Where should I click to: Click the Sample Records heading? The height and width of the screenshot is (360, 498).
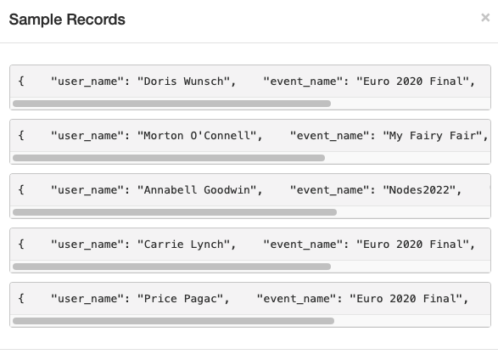tap(67, 20)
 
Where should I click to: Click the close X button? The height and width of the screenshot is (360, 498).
tap(485, 18)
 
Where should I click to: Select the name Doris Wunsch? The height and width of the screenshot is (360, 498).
tap(184, 82)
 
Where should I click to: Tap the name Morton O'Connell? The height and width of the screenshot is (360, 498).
tap(197, 136)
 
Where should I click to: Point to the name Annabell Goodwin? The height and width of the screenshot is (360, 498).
tap(197, 190)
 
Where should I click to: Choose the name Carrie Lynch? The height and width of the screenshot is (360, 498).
tap(184, 245)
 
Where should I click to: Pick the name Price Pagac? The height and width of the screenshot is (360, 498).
tap(181, 299)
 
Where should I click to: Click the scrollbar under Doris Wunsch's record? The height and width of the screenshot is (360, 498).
tap(172, 104)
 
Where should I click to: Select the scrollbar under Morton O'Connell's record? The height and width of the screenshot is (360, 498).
tap(169, 158)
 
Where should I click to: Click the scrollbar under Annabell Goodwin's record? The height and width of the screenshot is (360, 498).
tap(175, 212)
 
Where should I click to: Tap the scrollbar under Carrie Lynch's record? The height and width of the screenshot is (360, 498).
tap(172, 267)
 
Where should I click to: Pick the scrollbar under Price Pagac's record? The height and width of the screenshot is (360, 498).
tap(173, 321)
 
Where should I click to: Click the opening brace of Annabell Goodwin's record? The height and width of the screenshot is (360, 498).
tap(21, 190)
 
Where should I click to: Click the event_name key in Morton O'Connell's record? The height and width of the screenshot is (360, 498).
tap(329, 136)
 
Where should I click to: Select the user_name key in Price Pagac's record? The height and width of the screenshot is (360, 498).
tap(87, 299)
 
